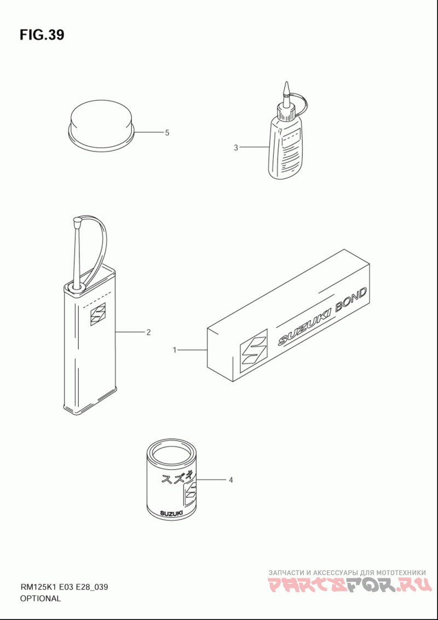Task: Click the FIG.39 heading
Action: click(42, 35)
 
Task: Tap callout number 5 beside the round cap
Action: click(168, 133)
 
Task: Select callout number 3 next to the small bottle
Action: click(236, 148)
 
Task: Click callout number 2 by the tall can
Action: click(148, 332)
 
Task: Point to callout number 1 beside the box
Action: click(174, 350)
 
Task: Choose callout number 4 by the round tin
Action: click(230, 480)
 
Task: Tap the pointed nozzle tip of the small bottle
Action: click(286, 89)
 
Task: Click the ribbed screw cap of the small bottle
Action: click(286, 112)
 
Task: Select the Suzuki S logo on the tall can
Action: click(98, 314)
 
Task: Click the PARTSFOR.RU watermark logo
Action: click(349, 586)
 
